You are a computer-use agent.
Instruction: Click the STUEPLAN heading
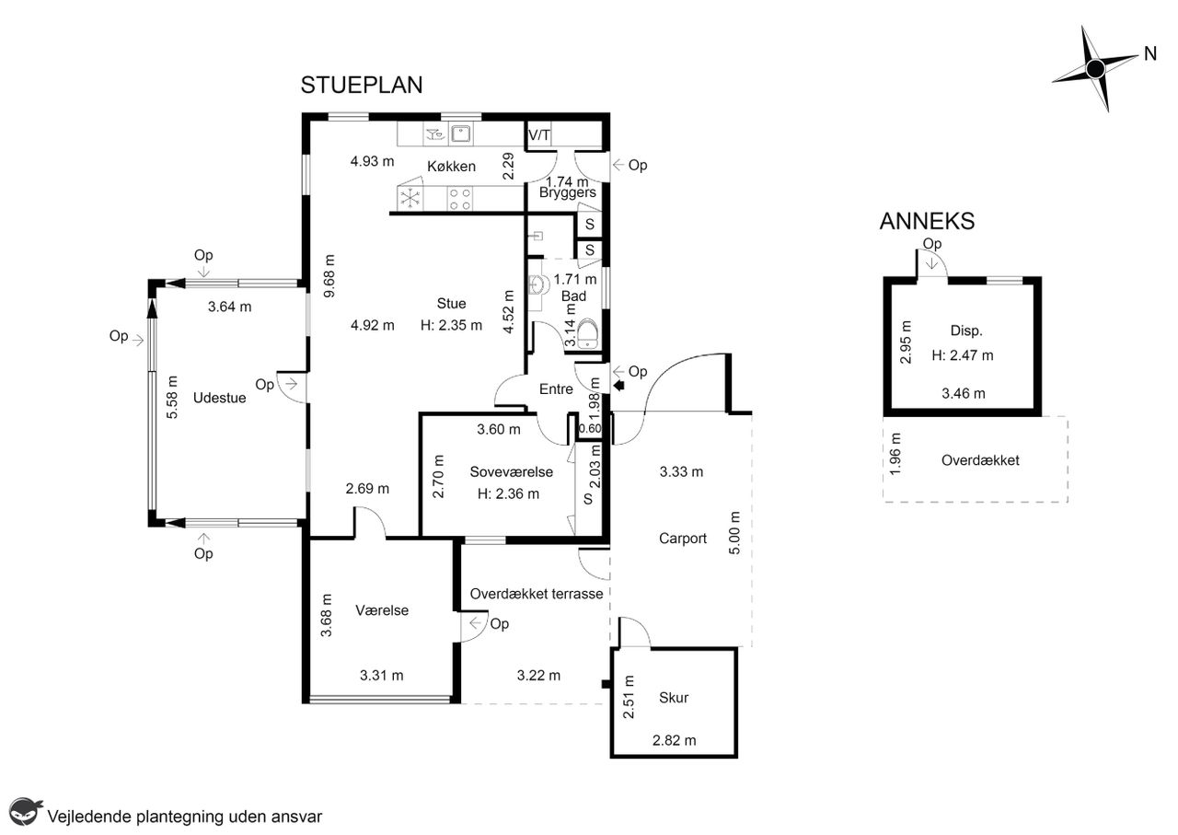tap(362, 86)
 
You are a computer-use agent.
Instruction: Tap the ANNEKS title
tap(927, 222)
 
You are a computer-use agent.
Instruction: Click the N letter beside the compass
tap(1150, 53)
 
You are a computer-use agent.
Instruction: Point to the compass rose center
tap(1095, 68)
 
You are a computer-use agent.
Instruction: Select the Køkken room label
tap(451, 167)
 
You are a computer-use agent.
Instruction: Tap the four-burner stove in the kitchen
tap(459, 199)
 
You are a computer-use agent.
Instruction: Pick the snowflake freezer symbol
tap(410, 198)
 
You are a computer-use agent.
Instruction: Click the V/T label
tap(539, 135)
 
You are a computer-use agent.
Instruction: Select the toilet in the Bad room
tap(587, 333)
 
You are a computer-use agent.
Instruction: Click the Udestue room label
tap(219, 398)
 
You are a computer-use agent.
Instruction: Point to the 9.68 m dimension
tap(329, 276)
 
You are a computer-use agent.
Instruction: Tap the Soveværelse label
tap(511, 472)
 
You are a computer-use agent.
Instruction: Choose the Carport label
tap(683, 539)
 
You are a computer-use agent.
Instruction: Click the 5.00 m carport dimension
tap(734, 532)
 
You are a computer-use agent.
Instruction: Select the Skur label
tap(674, 698)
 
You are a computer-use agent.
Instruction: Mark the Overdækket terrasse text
tap(537, 594)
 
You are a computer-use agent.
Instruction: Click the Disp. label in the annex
tap(966, 331)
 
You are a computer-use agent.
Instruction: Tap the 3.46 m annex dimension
tap(963, 393)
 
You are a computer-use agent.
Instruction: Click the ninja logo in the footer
tap(25, 812)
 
